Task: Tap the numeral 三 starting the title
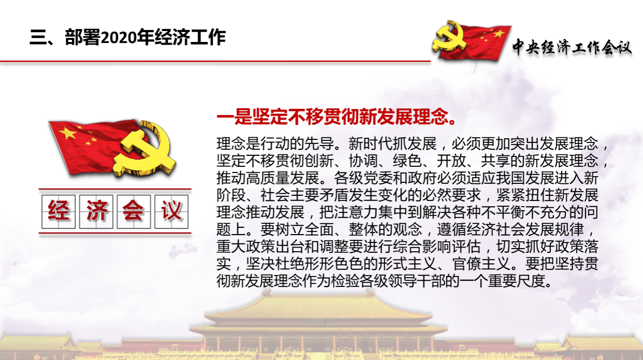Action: coord(38,37)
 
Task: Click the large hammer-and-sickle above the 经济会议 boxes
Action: coord(144,149)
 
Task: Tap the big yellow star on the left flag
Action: coord(67,133)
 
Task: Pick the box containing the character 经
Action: coord(59,212)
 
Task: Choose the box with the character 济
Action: coord(96,212)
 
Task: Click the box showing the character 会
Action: coord(134,212)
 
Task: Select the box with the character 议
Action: coord(171,212)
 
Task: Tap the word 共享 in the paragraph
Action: coord(495,161)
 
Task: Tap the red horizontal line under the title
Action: coord(215,61)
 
